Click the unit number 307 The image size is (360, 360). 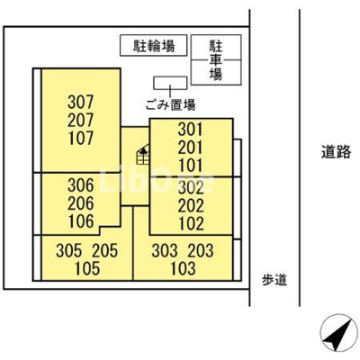(x=81, y=102)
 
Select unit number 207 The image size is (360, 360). (x=81, y=121)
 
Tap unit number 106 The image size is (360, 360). (x=81, y=221)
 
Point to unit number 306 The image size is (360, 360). (x=81, y=185)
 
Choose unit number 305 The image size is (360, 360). (x=68, y=250)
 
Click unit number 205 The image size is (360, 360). (x=104, y=250)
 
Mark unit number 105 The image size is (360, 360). (x=87, y=268)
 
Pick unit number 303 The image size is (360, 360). (x=164, y=250)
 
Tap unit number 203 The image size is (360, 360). (x=201, y=250)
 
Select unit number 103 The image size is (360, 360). (x=183, y=268)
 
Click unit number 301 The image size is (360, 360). (x=191, y=130)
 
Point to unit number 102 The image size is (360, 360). (x=191, y=223)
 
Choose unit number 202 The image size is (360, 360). (x=191, y=206)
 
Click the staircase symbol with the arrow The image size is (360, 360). (x=143, y=154)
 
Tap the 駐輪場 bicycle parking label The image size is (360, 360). (x=154, y=46)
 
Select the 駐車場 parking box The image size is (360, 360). (x=216, y=59)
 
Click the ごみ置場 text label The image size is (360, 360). (x=170, y=105)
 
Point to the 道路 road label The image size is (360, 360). (x=336, y=151)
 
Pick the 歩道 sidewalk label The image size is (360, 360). (x=274, y=280)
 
